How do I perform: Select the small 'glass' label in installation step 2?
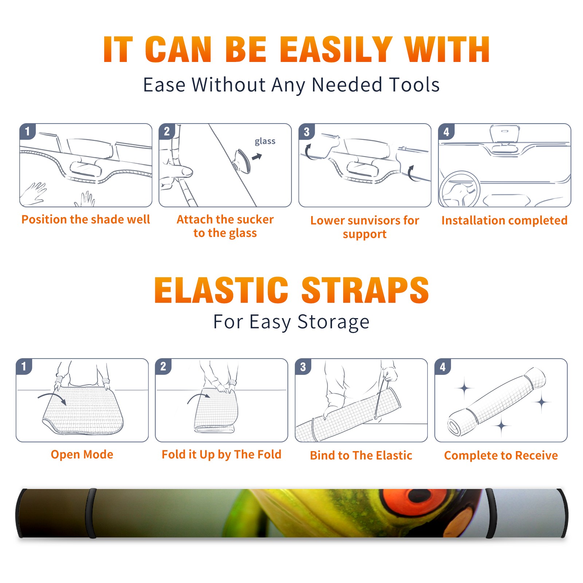(x=265, y=141)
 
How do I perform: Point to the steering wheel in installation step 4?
(x=459, y=189)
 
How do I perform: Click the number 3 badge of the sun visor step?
(x=306, y=132)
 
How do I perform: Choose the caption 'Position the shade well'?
(x=86, y=219)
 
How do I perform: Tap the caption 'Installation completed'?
(x=504, y=220)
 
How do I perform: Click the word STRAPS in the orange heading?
(x=365, y=290)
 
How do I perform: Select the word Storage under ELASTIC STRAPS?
(x=333, y=322)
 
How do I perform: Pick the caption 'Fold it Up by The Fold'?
(x=222, y=454)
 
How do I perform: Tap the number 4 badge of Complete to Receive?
(x=443, y=367)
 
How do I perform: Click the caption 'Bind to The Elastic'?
(x=361, y=455)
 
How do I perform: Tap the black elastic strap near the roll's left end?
(x=91, y=513)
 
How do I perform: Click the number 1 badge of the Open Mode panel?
(x=24, y=367)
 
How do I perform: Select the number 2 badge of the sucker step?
(x=167, y=132)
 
